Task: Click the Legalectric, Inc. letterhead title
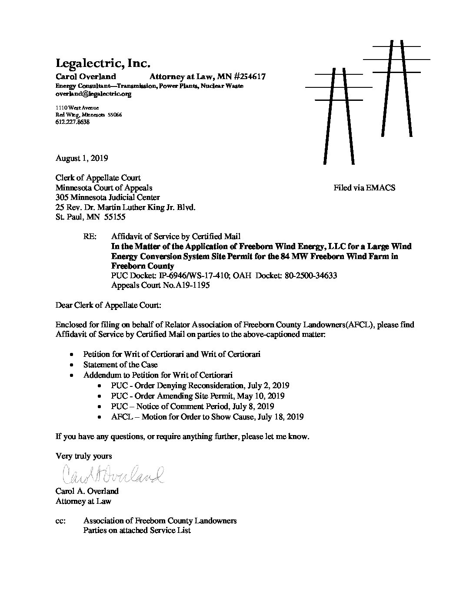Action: click(103, 63)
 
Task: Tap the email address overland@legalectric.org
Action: click(93, 93)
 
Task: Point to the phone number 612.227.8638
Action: click(73, 122)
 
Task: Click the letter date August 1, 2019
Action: click(82, 158)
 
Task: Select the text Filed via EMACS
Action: click(364, 188)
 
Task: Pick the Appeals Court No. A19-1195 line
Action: click(160, 286)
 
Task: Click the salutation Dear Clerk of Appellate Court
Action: click(108, 305)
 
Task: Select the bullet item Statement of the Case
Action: click(120, 365)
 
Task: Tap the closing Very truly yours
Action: click(83, 456)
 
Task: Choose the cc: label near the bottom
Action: click(61, 521)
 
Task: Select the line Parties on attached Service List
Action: click(137, 530)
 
